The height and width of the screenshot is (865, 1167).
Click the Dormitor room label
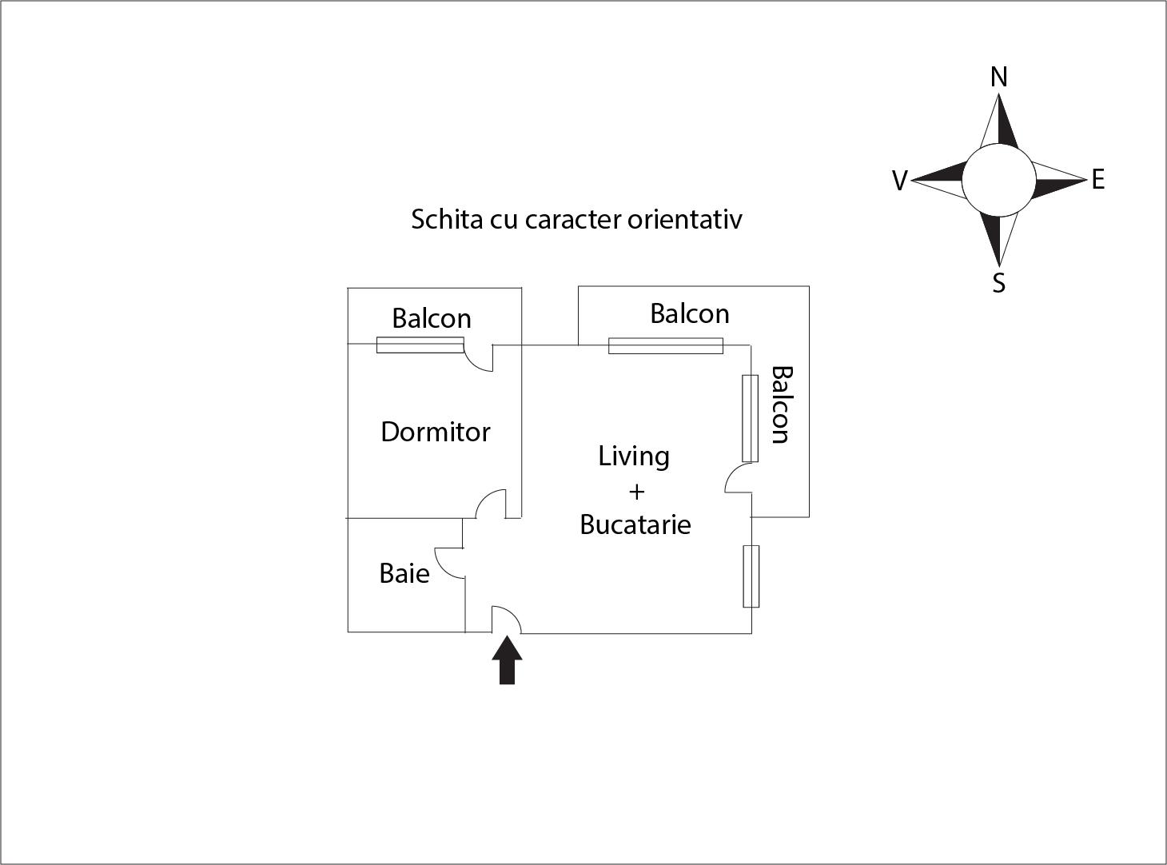point(435,432)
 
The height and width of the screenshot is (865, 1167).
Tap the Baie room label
point(404,573)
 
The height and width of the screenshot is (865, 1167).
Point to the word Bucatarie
point(635,524)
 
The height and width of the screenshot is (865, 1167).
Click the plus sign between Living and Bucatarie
point(636,492)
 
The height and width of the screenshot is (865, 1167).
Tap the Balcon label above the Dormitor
point(432,318)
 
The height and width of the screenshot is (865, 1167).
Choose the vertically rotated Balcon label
point(782,405)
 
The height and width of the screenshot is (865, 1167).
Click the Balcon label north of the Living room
point(690,313)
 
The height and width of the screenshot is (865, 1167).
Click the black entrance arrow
point(507,660)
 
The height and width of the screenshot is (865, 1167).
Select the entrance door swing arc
point(506,620)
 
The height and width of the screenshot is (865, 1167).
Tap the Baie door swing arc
point(450,563)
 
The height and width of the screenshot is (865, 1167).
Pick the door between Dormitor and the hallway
point(490,504)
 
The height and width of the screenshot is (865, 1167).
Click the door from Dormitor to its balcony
point(479,358)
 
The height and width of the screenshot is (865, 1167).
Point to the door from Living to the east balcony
point(739,478)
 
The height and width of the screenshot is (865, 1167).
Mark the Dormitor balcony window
point(420,345)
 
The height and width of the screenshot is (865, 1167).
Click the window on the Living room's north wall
point(666,346)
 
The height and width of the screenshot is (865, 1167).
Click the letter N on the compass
point(998,78)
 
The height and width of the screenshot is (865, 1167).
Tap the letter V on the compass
point(900,181)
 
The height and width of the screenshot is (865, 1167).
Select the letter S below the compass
point(998,283)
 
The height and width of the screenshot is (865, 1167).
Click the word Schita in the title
point(448,219)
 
